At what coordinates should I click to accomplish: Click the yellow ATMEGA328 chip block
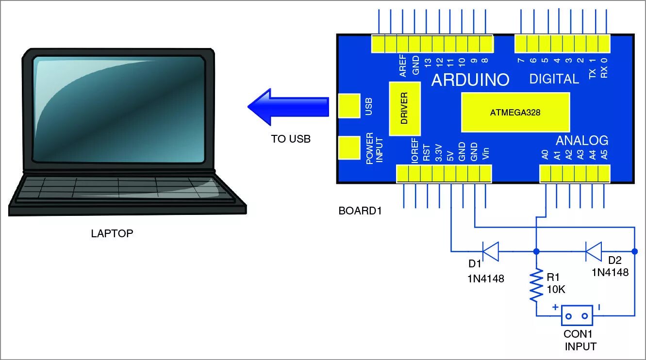point(515,112)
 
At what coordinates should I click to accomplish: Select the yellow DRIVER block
point(404,108)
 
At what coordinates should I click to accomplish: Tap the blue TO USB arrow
point(288,106)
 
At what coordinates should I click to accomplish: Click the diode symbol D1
point(491,251)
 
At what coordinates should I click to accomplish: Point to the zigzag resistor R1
point(536,285)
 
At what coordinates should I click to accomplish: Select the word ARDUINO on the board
point(470,80)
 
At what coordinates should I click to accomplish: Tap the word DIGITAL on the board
point(554,79)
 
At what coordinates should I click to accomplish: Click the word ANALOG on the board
point(581,141)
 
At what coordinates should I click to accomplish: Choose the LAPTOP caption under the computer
point(112,233)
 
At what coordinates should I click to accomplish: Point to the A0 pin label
point(545,155)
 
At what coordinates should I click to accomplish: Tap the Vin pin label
point(486,154)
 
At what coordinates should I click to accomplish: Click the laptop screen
point(118,109)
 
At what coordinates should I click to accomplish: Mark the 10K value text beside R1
point(556,290)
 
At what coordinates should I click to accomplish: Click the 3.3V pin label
point(438,152)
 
